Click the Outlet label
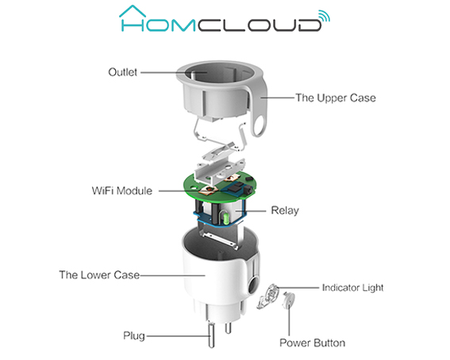122,72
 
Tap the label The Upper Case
336,98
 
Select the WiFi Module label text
122,191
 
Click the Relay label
285,211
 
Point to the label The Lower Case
99,275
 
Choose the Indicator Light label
352,288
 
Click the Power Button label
312,343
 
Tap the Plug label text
134,336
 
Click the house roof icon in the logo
133,11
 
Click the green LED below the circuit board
225,217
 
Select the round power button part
288,300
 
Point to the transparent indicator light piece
268,297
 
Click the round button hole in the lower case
253,285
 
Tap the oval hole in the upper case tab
260,125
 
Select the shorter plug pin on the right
228,327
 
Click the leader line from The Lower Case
172,275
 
